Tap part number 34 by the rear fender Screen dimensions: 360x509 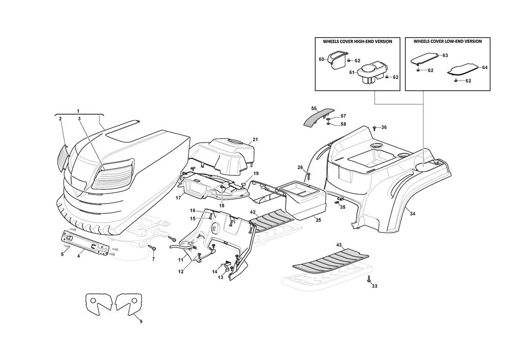click(412, 213)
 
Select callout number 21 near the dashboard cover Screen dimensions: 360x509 click(255, 140)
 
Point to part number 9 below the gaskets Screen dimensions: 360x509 click(141, 321)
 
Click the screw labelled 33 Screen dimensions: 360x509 click(368, 279)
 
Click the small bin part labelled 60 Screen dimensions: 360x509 click(333, 63)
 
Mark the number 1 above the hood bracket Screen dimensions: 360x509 click(78, 110)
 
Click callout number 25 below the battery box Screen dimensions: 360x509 click(318, 219)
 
